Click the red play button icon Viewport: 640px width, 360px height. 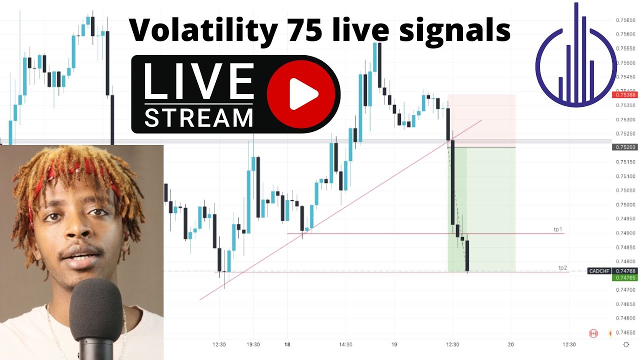(x=301, y=93)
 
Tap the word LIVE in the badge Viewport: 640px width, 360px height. (x=198, y=81)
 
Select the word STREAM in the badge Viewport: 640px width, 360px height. (x=198, y=117)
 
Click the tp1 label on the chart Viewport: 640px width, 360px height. (x=557, y=229)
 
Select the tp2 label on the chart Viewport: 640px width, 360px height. (x=562, y=267)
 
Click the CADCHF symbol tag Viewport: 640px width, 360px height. (x=598, y=271)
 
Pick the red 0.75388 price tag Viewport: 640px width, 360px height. (x=625, y=94)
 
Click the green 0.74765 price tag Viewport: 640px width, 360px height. (x=625, y=277)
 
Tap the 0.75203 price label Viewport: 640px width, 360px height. (x=625, y=147)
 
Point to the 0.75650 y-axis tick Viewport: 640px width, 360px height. (x=625, y=20)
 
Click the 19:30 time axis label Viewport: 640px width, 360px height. (x=253, y=344)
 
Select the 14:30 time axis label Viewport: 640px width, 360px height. (x=345, y=344)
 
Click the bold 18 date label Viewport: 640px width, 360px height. (x=287, y=344)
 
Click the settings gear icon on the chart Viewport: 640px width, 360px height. (x=626, y=344)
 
